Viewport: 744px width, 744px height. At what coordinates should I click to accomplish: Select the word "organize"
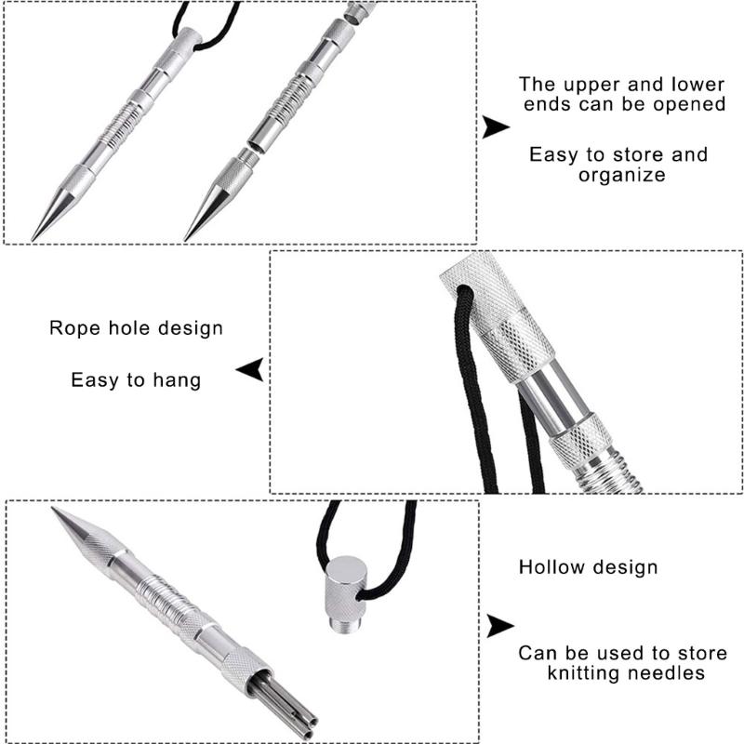coord(621,176)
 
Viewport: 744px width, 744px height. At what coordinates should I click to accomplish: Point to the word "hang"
coord(177,381)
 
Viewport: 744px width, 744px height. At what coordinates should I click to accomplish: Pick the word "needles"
coord(665,673)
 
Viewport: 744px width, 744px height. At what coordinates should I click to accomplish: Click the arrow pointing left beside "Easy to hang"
coord(250,369)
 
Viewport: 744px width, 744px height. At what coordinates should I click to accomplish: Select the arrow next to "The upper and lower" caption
coord(496,127)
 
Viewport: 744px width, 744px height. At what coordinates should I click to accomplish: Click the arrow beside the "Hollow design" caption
coord(500,626)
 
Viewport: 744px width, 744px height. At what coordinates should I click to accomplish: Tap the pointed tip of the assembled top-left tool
coord(33,239)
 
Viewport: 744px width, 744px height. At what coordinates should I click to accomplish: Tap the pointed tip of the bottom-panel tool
coord(53,509)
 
